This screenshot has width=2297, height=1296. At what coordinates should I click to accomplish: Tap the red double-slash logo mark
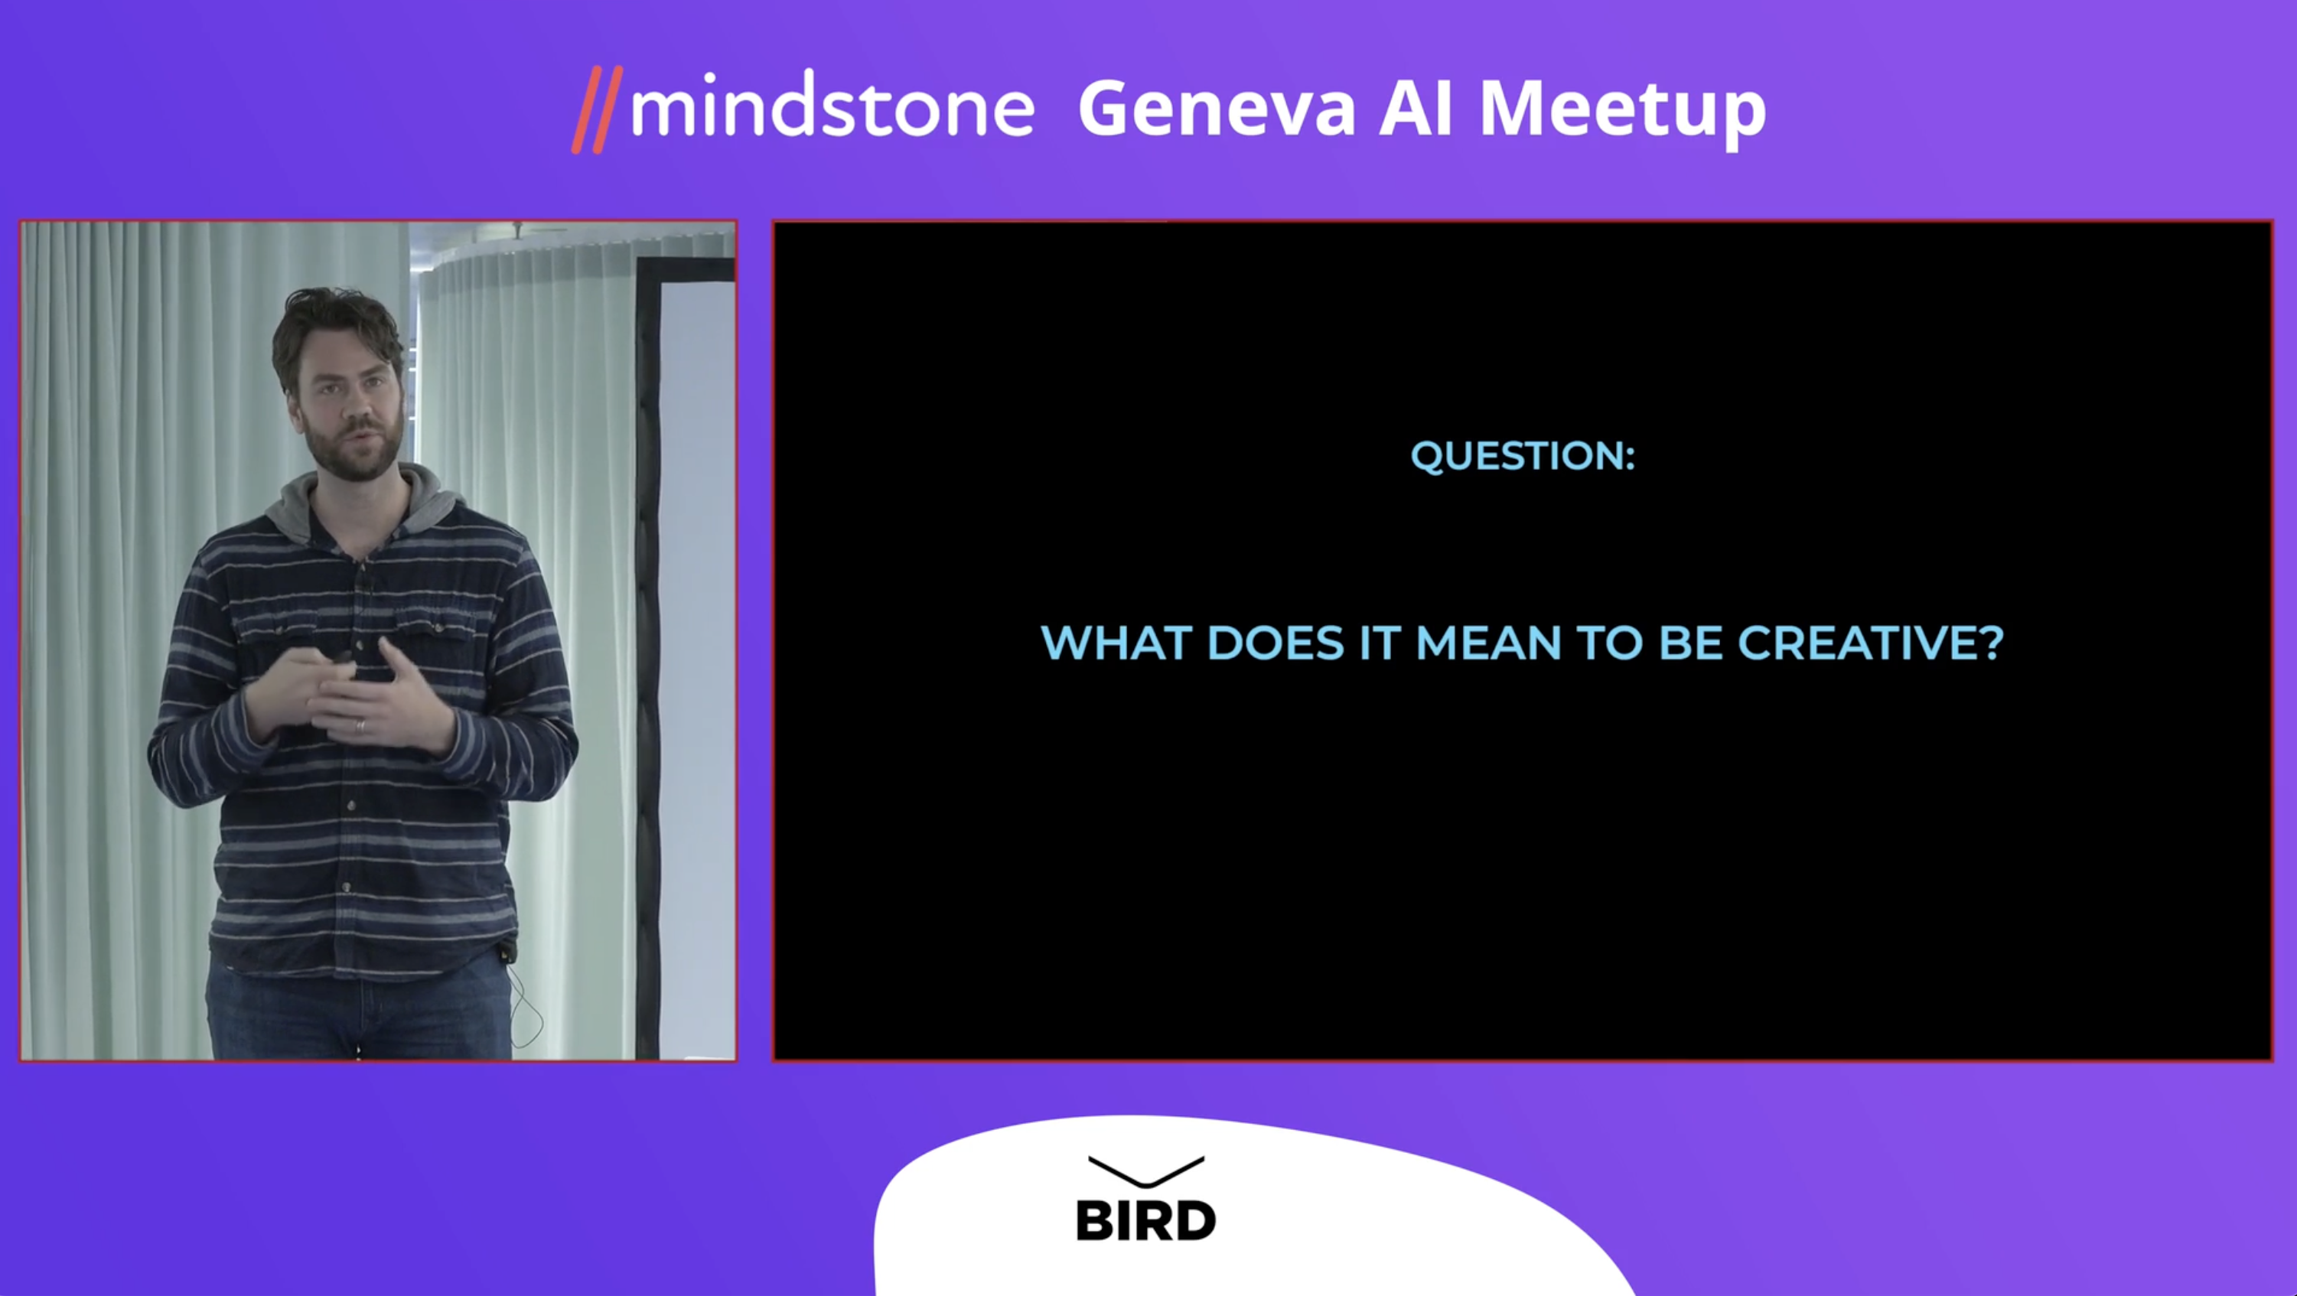tap(598, 109)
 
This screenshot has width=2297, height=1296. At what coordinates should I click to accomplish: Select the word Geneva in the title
tap(1217, 108)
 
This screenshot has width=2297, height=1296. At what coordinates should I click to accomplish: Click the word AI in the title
tap(1417, 108)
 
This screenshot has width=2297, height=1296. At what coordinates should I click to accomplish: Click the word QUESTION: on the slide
tap(1523, 455)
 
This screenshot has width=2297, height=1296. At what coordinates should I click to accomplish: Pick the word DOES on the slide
tap(1275, 643)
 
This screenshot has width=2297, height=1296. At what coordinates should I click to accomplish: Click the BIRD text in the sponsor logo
tap(1146, 1220)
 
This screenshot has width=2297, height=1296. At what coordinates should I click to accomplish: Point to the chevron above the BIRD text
tap(1147, 1171)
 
